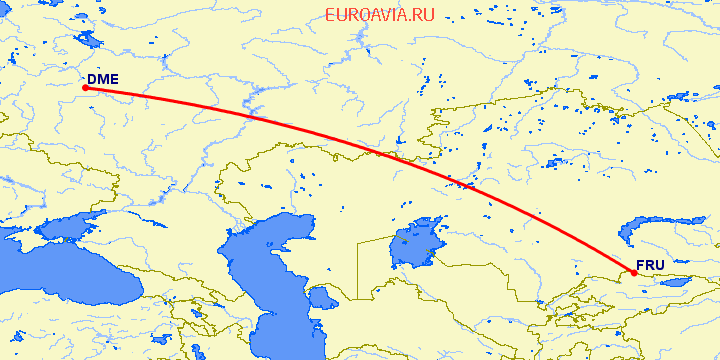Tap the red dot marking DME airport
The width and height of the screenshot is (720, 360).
pyautogui.click(x=85, y=88)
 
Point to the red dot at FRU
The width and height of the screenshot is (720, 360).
pyautogui.click(x=634, y=273)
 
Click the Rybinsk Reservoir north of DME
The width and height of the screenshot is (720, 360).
pyautogui.click(x=88, y=40)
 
